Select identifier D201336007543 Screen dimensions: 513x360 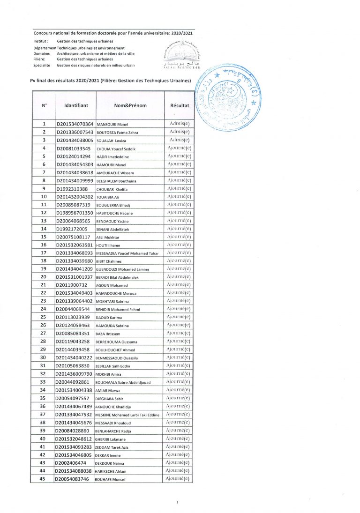point(75,132)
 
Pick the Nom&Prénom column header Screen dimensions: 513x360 point(130,105)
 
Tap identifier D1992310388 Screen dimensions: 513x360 point(72,189)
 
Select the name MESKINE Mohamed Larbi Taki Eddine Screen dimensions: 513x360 point(127,415)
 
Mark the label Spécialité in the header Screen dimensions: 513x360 point(42,66)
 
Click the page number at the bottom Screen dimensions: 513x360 point(178,502)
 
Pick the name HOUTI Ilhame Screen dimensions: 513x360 point(108,245)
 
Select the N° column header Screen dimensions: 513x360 point(44,105)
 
